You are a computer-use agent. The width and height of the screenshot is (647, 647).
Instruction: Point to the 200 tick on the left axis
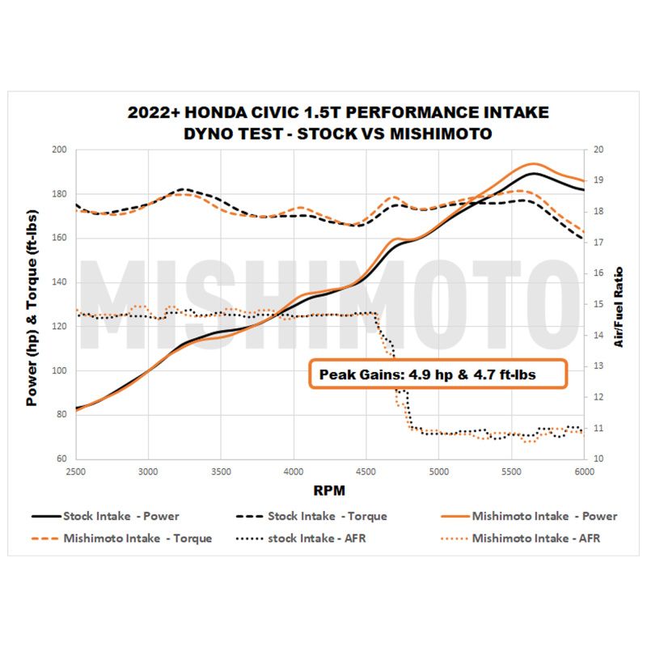coord(59,150)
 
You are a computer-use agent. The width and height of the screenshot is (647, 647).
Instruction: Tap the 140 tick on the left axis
coord(59,283)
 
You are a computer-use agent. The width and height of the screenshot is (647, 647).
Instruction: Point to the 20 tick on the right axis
coord(598,150)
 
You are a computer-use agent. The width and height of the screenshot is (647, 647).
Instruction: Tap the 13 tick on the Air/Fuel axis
coord(598,366)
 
